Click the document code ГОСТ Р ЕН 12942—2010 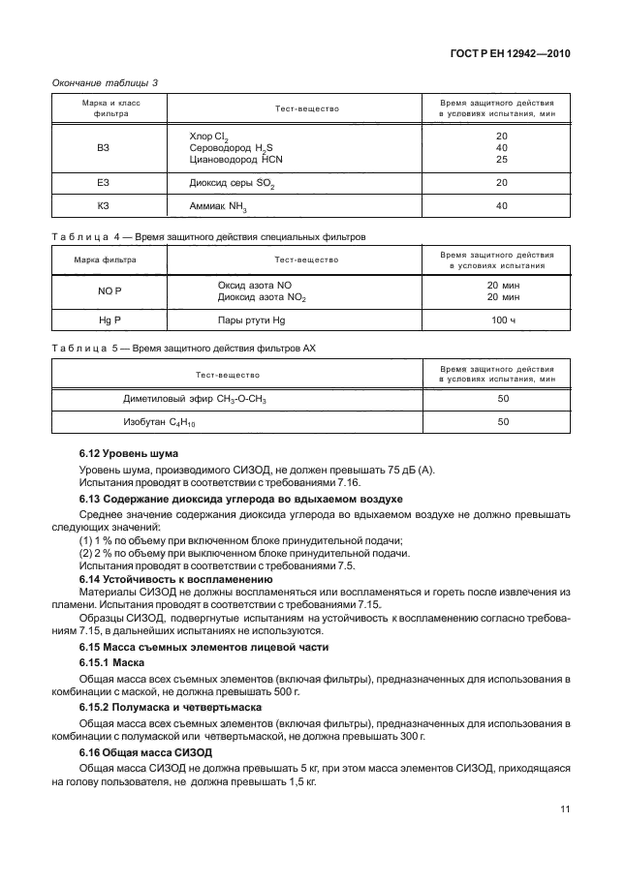516,54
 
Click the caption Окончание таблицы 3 104,82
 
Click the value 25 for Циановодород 501,159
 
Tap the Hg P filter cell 106,320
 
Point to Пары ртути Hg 252,320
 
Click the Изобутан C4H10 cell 160,423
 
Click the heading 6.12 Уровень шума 128,453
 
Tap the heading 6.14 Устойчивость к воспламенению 160,578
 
